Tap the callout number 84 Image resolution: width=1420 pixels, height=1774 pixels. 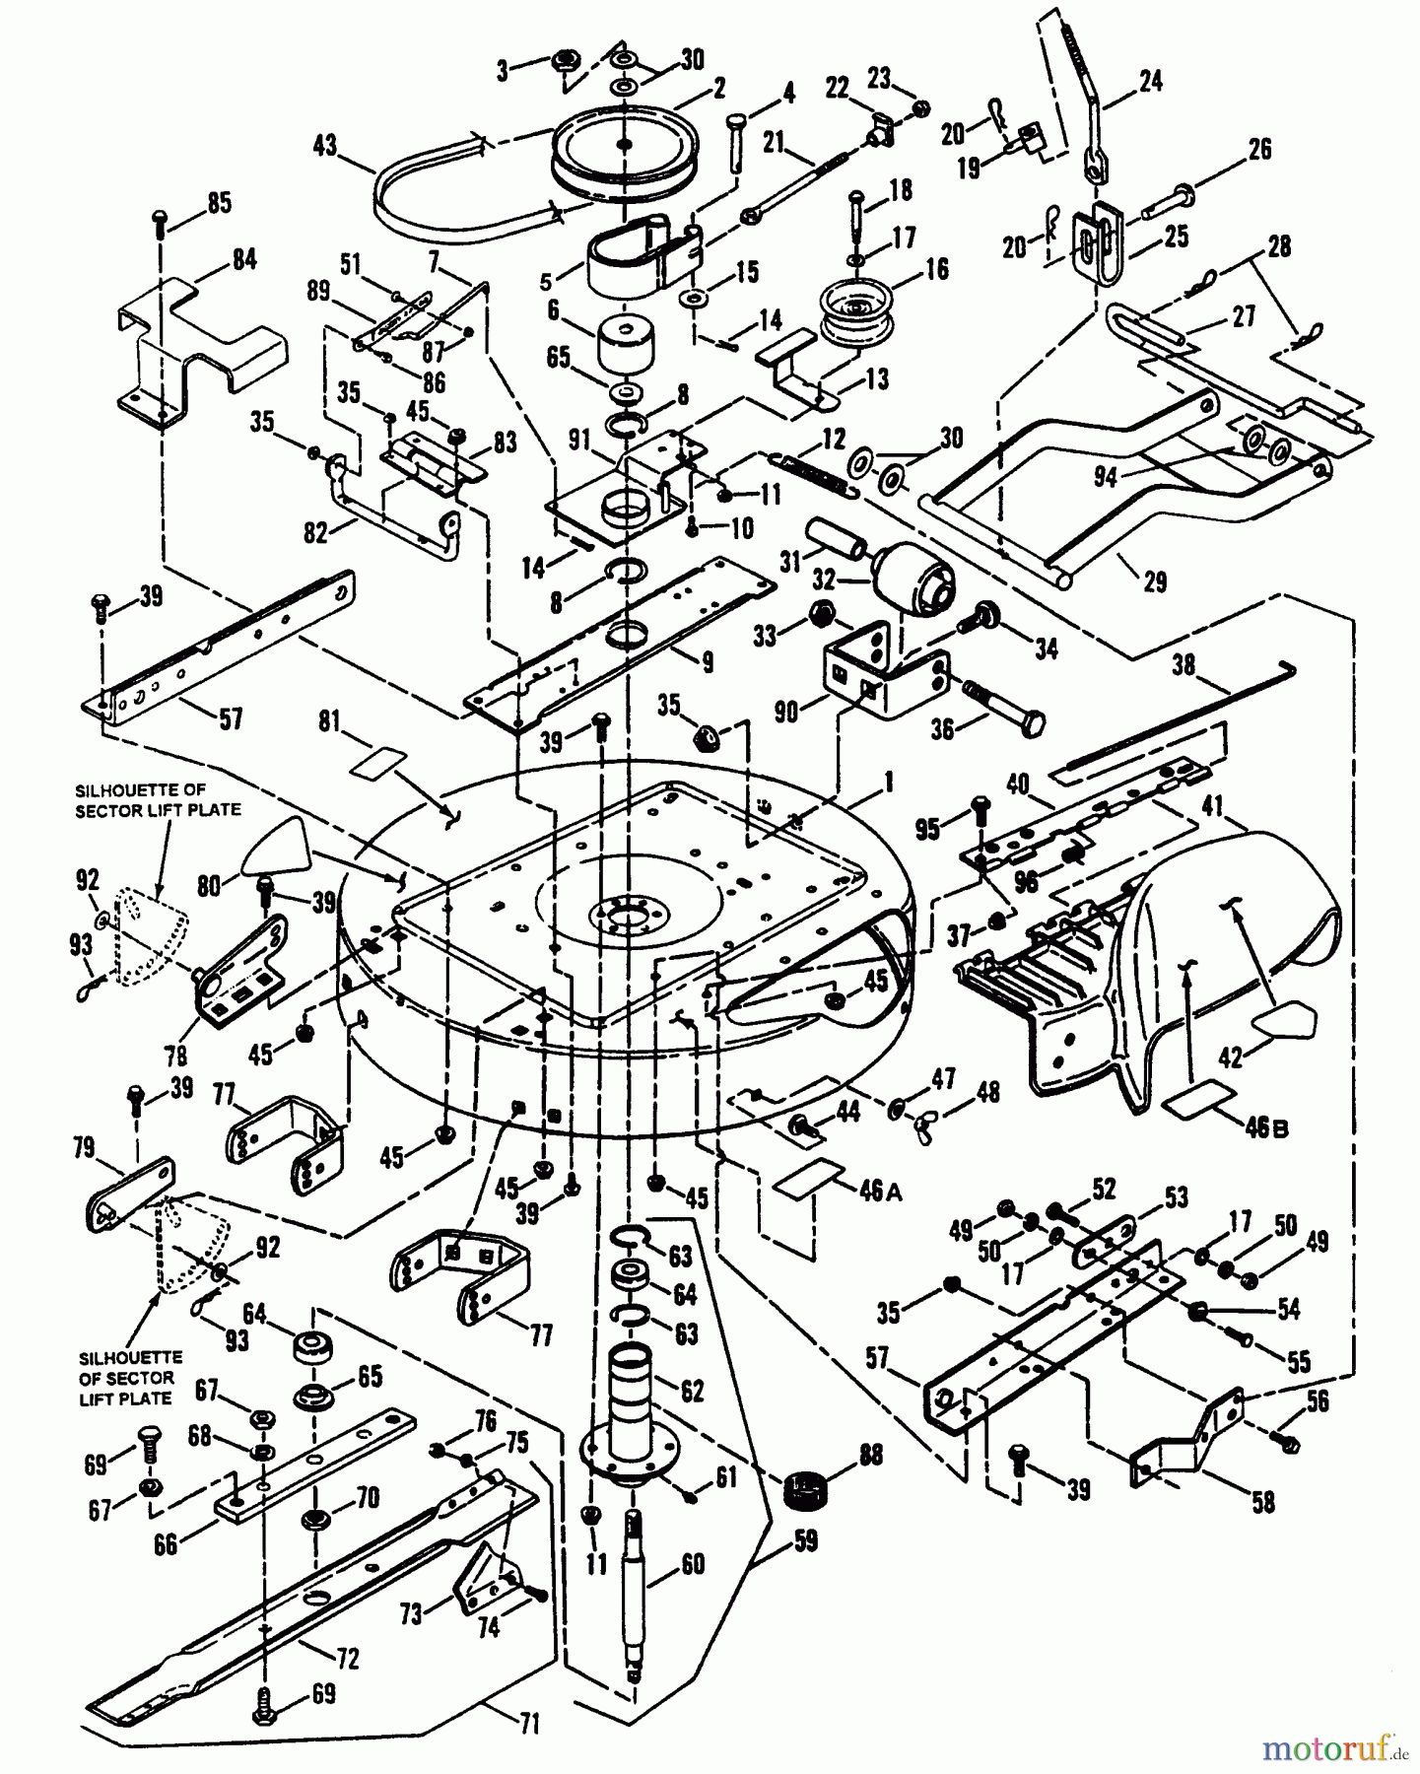243,260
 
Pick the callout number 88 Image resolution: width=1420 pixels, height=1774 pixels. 871,1455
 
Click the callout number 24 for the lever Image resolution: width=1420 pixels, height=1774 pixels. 1149,81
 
